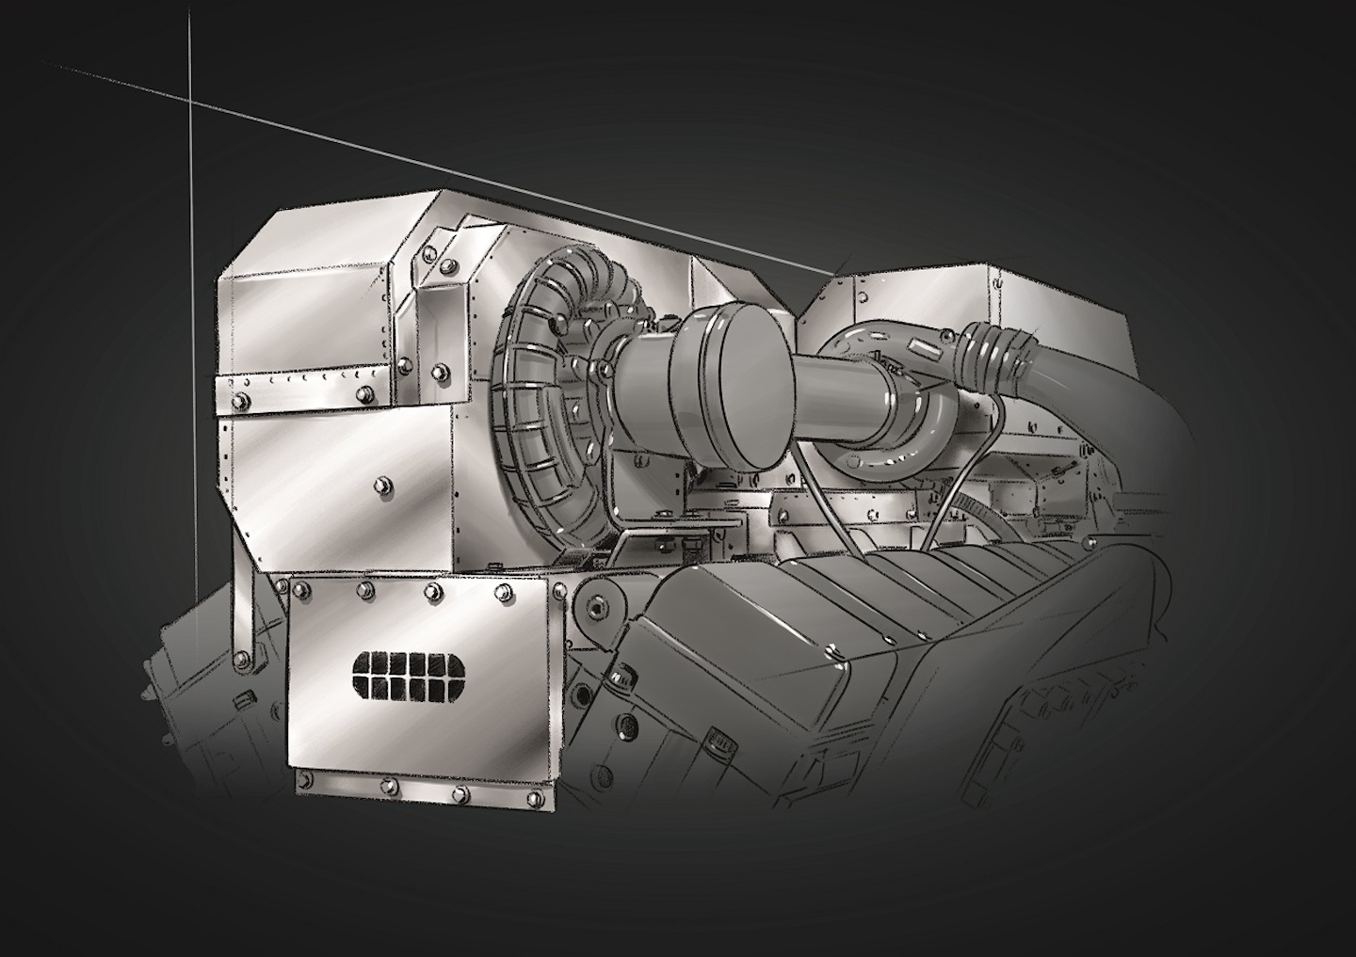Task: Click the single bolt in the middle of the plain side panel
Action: (380, 485)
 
